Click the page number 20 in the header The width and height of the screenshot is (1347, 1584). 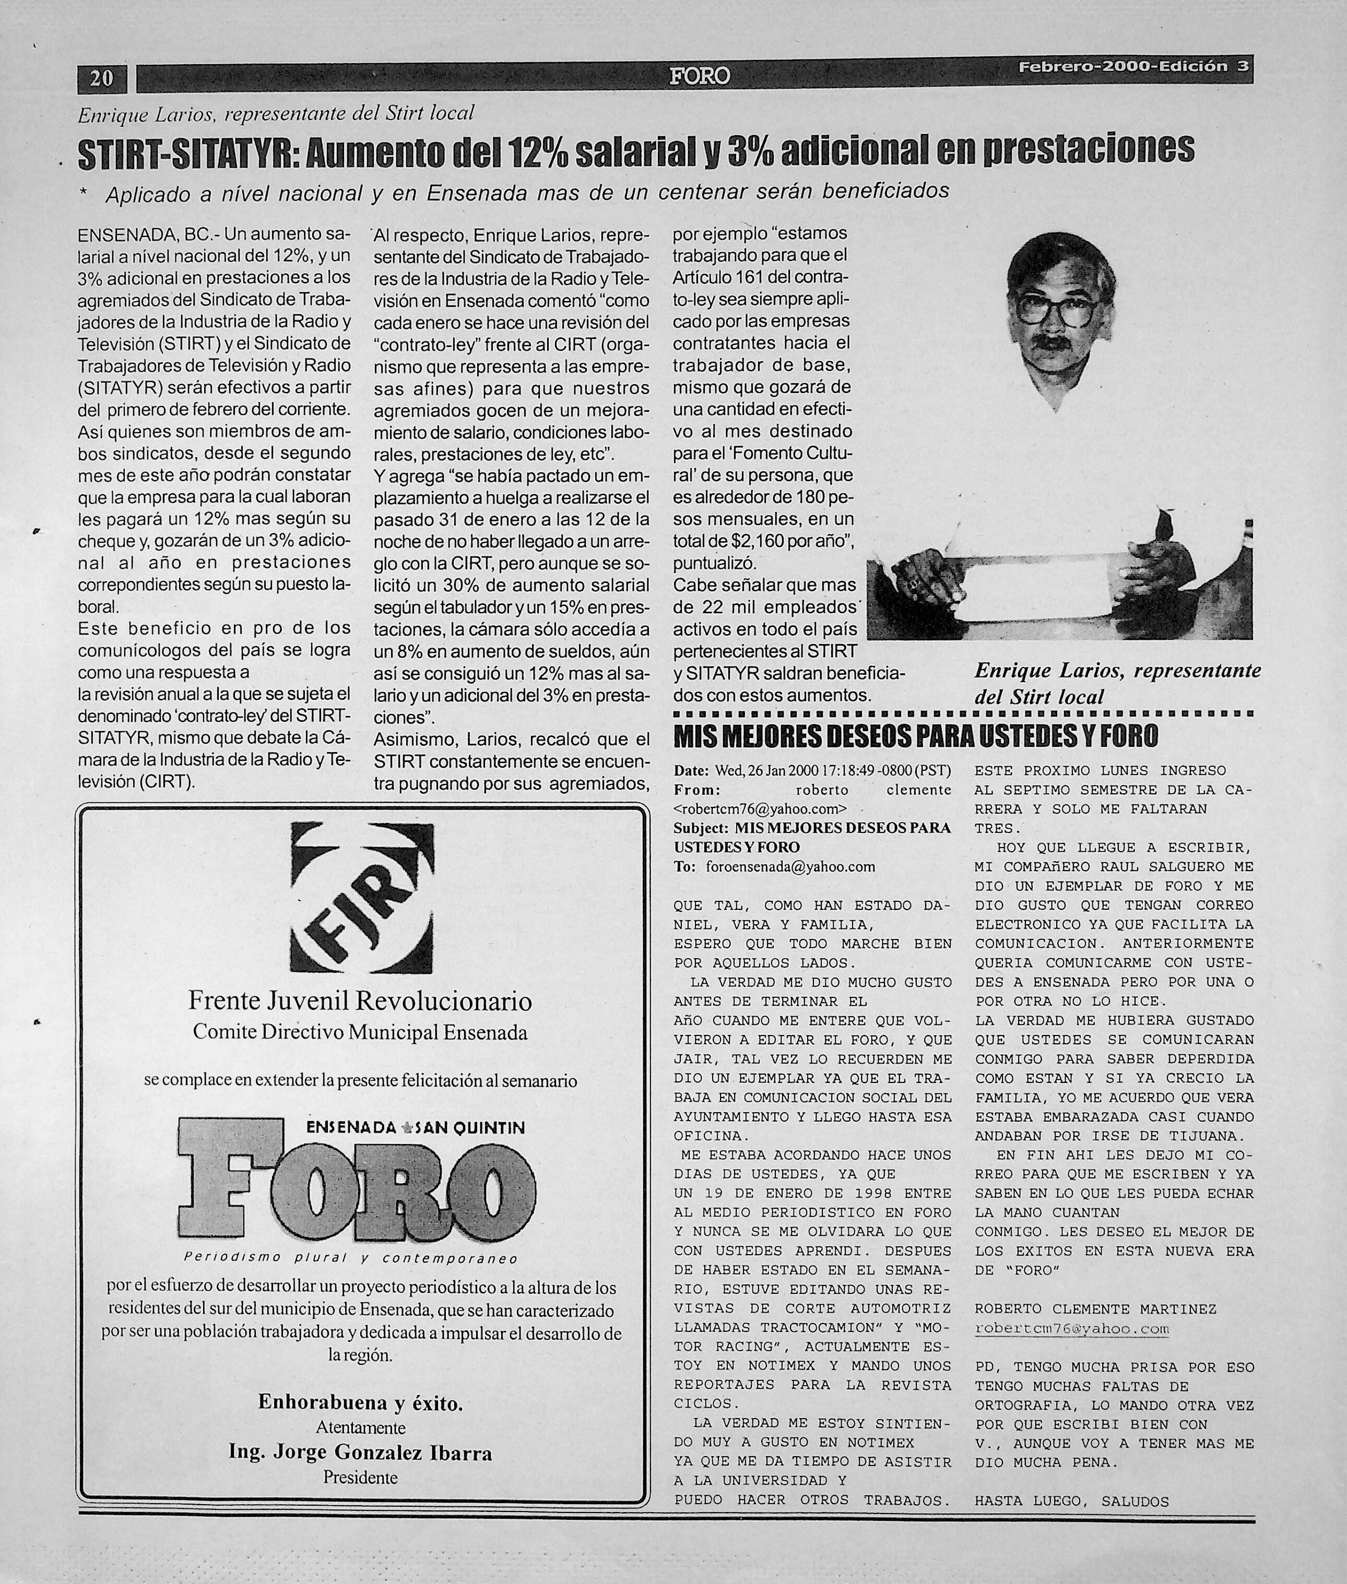coord(102,78)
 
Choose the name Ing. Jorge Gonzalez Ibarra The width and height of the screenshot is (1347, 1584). coord(360,1452)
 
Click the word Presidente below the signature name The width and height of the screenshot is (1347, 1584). coord(360,1477)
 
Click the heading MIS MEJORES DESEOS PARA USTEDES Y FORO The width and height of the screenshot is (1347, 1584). coord(916,736)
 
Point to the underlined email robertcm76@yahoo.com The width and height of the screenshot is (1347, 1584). coord(1072,1328)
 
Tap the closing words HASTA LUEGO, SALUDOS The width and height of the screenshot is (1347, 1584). coord(1071,1501)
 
